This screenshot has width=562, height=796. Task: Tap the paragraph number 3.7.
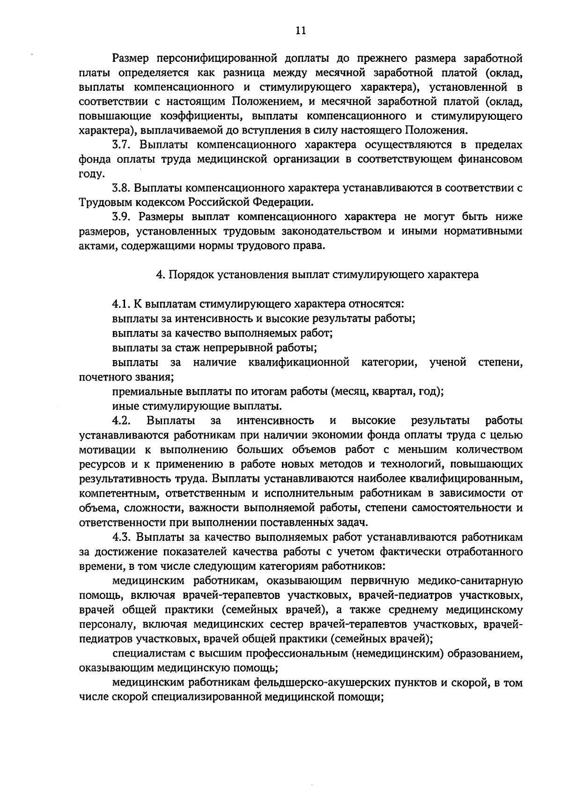coord(123,145)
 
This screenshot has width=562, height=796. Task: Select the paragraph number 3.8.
coord(123,188)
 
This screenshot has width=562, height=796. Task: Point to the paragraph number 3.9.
coord(123,217)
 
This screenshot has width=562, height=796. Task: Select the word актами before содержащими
coord(97,246)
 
